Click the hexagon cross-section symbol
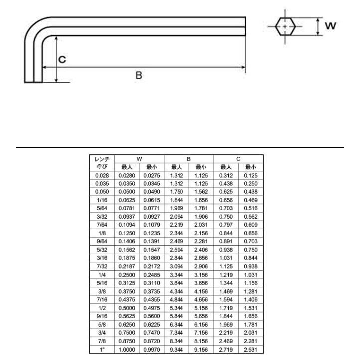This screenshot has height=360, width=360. pyautogui.click(x=285, y=26)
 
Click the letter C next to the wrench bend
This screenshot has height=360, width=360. pyautogui.click(x=62, y=59)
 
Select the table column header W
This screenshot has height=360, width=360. pyautogui.click(x=139, y=159)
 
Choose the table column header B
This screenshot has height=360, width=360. pyautogui.click(x=188, y=159)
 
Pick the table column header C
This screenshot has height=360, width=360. pyautogui.click(x=238, y=159)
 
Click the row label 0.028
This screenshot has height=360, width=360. pyautogui.click(x=102, y=176)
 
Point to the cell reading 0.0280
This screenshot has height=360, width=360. pyautogui.click(x=127, y=176)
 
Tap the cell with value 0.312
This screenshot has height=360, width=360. pyautogui.click(x=226, y=176)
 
